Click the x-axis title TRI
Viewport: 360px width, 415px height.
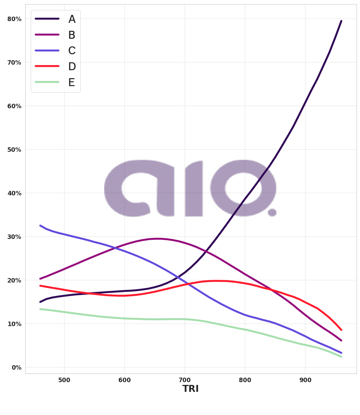pyautogui.click(x=190, y=389)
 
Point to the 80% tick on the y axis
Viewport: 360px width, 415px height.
pyautogui.click(x=14, y=19)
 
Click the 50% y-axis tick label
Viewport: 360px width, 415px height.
pyautogui.click(x=14, y=150)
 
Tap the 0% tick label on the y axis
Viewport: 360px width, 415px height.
pyautogui.click(x=16, y=367)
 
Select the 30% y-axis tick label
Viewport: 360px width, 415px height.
pyautogui.click(x=14, y=237)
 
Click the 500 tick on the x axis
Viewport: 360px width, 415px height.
pyautogui.click(x=64, y=380)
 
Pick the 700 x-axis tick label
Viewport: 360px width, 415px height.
pyautogui.click(x=185, y=380)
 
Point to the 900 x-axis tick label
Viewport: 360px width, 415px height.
pyautogui.click(x=305, y=380)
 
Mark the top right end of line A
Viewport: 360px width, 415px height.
pyautogui.click(x=341, y=21)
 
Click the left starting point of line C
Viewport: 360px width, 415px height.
pyautogui.click(x=40, y=225)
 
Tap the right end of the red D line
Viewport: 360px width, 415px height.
pyautogui.click(x=341, y=330)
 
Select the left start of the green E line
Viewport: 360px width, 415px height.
pyautogui.click(x=40, y=309)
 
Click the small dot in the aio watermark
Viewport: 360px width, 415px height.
pyautogui.click(x=272, y=212)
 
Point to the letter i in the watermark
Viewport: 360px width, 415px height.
pyautogui.click(x=194, y=189)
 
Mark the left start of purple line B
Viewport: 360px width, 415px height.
pyautogui.click(x=40, y=279)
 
